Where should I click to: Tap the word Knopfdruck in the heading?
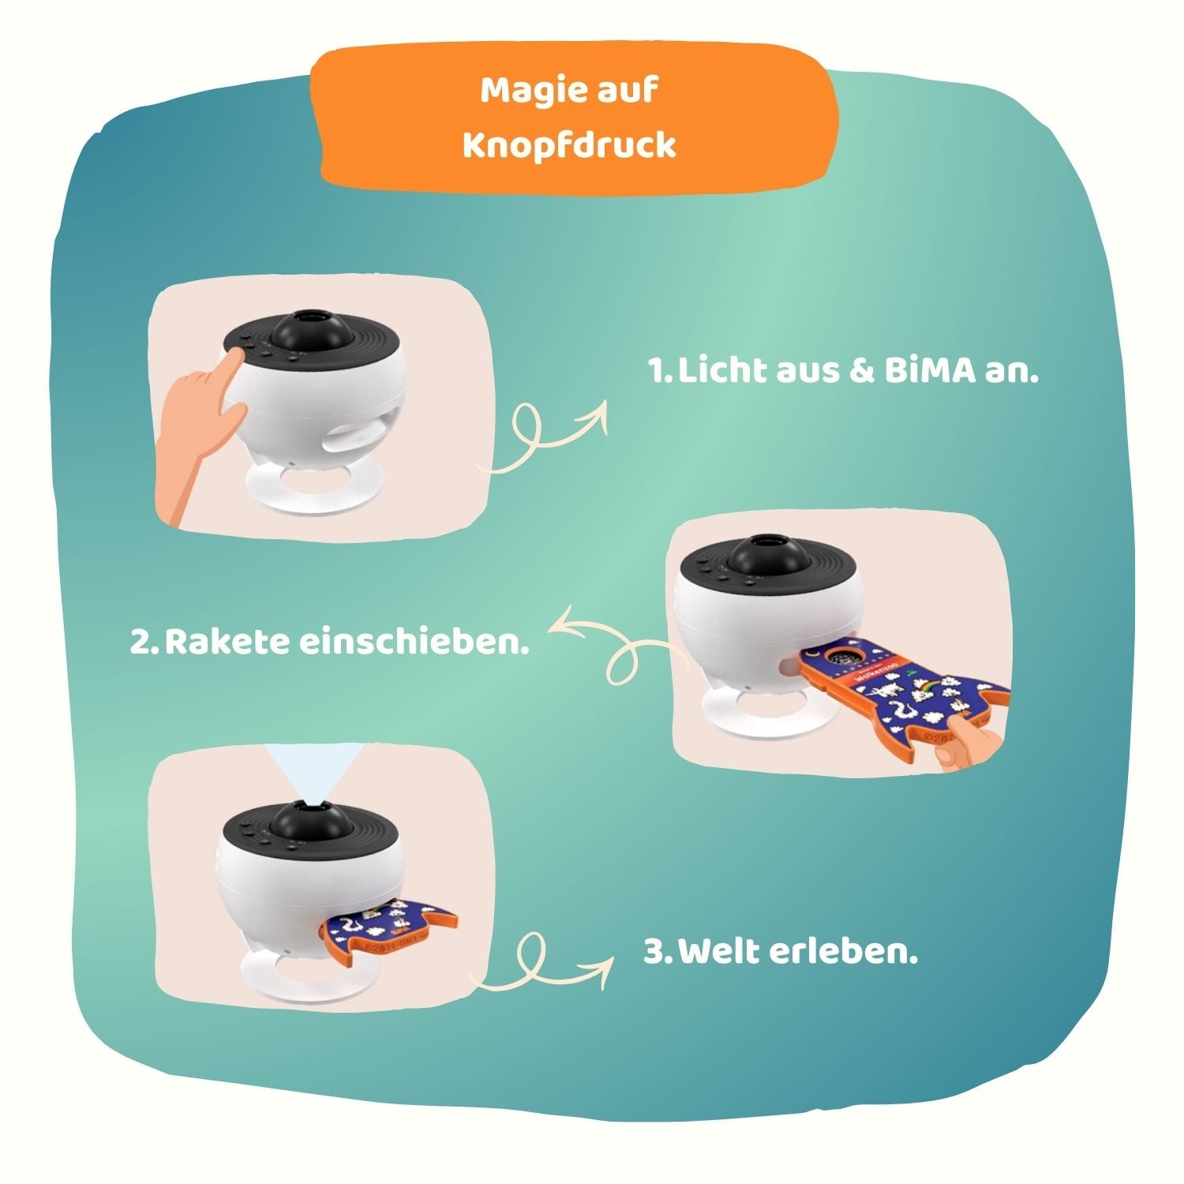click(x=569, y=146)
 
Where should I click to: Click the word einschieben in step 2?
click(x=413, y=642)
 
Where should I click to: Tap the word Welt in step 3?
click(x=718, y=952)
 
